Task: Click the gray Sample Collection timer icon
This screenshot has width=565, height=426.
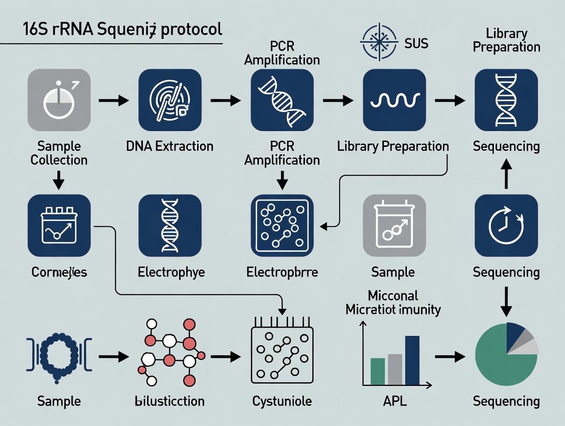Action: [x=59, y=100]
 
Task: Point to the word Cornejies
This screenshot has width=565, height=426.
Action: [x=59, y=272]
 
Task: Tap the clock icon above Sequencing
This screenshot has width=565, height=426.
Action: [x=506, y=226]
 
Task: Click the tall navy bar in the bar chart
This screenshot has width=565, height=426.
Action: [x=412, y=360]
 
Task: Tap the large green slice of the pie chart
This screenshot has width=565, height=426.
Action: [x=499, y=358]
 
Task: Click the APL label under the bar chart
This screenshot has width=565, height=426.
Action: [x=395, y=401]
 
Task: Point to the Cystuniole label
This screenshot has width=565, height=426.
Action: [x=282, y=401]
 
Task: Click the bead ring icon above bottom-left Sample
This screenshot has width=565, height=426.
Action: [x=58, y=353]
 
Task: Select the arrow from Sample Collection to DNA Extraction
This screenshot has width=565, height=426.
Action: [x=113, y=100]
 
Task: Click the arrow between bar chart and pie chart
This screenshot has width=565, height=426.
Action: [x=450, y=357]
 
